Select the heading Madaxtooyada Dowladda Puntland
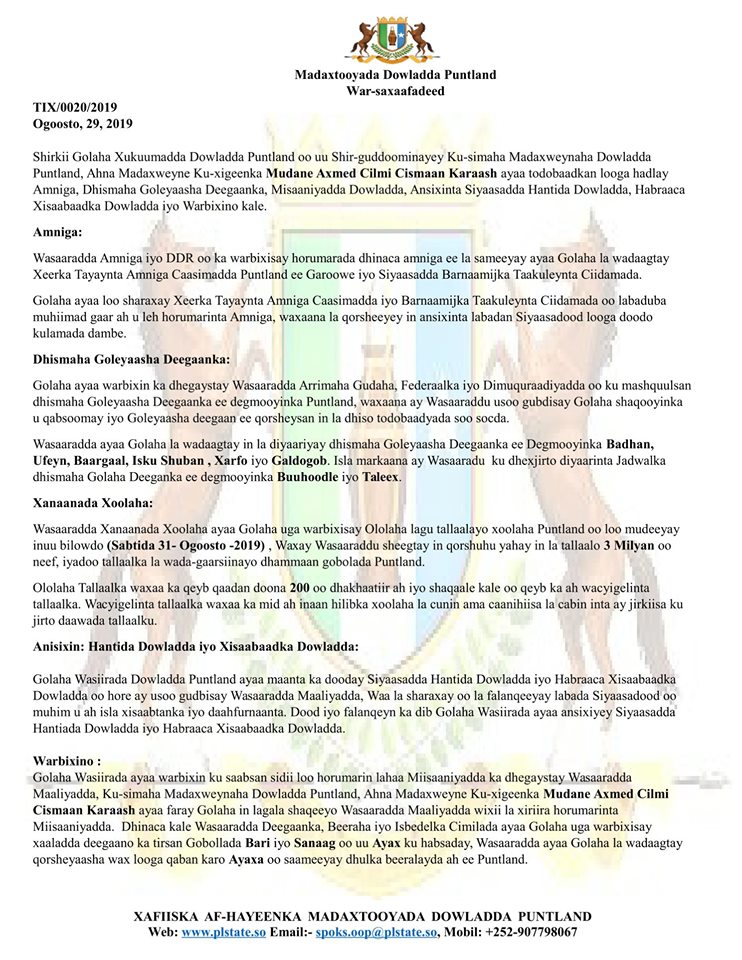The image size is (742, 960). coord(395,75)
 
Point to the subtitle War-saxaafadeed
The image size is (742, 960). coord(395,91)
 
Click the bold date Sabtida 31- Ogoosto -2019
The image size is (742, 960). coord(187,544)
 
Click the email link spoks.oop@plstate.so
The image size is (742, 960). coord(377,932)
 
